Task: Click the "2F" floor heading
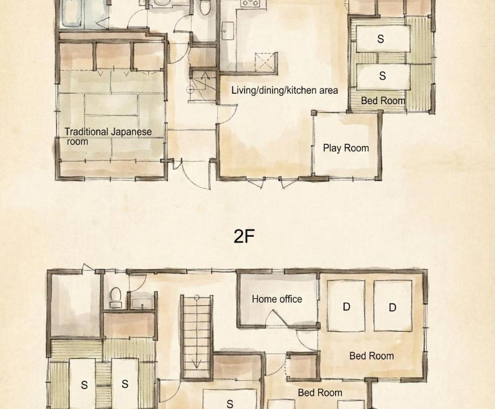click(x=244, y=236)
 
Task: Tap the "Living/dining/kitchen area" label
click(x=284, y=90)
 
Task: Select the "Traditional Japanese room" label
click(x=108, y=136)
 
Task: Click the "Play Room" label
click(x=346, y=148)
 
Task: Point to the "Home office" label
click(x=277, y=299)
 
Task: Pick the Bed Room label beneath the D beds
click(x=372, y=356)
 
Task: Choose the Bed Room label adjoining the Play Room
click(x=383, y=101)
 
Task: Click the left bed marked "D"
click(x=346, y=306)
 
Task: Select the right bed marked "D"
click(x=393, y=306)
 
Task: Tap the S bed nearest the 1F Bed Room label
click(x=383, y=76)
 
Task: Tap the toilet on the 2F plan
click(x=116, y=298)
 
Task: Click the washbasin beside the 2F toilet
click(x=142, y=303)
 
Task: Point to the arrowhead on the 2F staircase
click(x=196, y=365)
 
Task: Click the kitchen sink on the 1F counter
click(x=228, y=31)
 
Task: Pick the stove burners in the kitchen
click(x=249, y=3)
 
